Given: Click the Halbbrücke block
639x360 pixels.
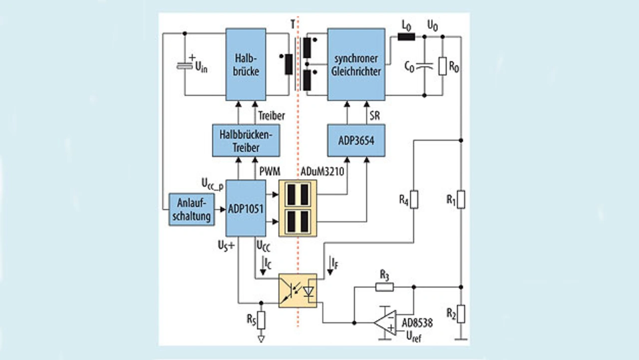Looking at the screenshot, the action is click(246, 64).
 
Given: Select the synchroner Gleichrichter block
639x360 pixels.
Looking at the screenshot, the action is click(356, 64).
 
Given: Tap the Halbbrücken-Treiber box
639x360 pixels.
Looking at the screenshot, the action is click(246, 140).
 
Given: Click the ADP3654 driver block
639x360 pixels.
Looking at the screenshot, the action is click(356, 140).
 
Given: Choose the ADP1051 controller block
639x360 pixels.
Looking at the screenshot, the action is click(246, 208).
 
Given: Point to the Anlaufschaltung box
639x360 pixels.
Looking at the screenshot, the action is click(191, 210).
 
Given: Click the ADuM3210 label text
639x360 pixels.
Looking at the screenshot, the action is click(322, 171).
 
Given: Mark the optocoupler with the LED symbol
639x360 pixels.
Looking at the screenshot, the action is click(298, 291).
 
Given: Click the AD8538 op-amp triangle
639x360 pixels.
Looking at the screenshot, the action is click(385, 323).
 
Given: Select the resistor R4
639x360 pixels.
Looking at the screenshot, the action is click(414, 200).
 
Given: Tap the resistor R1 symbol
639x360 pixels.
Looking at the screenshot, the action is click(461, 200).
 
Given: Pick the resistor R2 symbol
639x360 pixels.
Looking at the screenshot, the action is click(461, 314).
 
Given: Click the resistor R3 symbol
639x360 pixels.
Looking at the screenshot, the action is click(384, 287).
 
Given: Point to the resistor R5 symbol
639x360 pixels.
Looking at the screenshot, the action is click(261, 321).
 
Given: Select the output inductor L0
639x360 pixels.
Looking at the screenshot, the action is click(406, 37).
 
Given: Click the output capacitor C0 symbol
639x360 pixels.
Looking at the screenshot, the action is click(424, 67).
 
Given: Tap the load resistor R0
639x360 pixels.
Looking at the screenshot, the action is click(442, 66).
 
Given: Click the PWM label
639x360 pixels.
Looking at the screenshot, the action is click(270, 171).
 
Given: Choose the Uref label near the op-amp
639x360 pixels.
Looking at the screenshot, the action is click(414, 337).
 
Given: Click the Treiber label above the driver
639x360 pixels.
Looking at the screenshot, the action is click(271, 116).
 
